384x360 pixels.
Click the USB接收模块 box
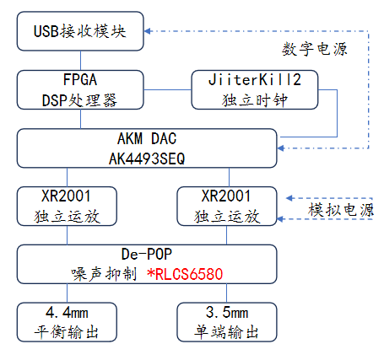[x=80, y=31]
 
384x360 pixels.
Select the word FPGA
[x=80, y=79]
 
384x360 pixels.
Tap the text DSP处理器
[x=79, y=100]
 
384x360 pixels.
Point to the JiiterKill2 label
[x=255, y=80]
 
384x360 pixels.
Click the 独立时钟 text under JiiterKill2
[x=255, y=100]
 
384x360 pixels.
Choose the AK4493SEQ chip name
[x=147, y=159]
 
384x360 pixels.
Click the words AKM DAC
[x=147, y=138]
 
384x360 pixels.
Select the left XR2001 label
[x=67, y=196]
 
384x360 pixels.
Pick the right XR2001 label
[x=226, y=196]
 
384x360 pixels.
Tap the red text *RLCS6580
[x=185, y=274]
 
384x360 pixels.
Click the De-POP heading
[x=147, y=254]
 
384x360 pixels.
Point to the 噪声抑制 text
[x=104, y=274]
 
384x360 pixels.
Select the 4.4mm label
[x=67, y=312]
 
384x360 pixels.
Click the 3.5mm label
[x=227, y=312]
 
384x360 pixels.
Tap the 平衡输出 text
[x=67, y=332]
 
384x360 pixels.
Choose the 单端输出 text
[x=226, y=332]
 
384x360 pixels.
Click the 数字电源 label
[x=315, y=49]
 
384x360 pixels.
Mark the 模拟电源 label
[x=341, y=210]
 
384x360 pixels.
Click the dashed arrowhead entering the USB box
[x=148, y=31]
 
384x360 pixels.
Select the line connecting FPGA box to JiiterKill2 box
[x=168, y=90]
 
